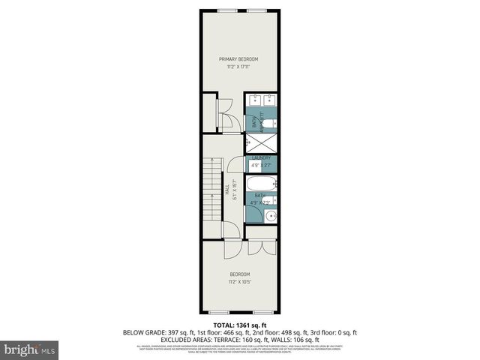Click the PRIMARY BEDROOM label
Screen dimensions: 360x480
(x=238, y=59)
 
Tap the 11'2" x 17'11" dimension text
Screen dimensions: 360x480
(x=238, y=67)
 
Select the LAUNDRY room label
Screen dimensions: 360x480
(x=262, y=157)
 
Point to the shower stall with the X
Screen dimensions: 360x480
(x=262, y=141)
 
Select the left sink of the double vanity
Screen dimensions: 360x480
(x=254, y=98)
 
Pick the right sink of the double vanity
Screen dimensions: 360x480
(x=270, y=98)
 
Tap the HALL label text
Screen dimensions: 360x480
(x=226, y=191)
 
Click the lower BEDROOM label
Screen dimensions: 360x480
(x=239, y=274)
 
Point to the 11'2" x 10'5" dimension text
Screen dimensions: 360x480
(x=239, y=281)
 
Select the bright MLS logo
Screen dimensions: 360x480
(x=30, y=349)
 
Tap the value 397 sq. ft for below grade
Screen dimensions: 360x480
(x=184, y=332)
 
